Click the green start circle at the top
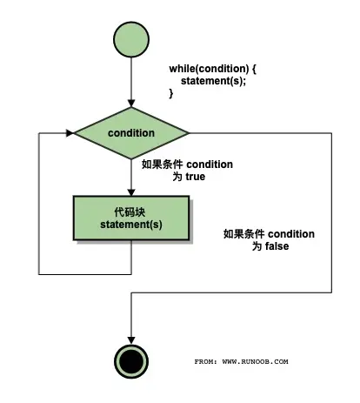130,39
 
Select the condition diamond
130,133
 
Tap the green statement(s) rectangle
130,218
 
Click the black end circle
130,359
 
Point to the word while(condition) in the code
205,68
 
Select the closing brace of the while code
171,93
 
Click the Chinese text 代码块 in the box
130,212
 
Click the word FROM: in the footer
205,360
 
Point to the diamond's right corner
188,133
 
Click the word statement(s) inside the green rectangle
130,225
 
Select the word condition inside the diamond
130,133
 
